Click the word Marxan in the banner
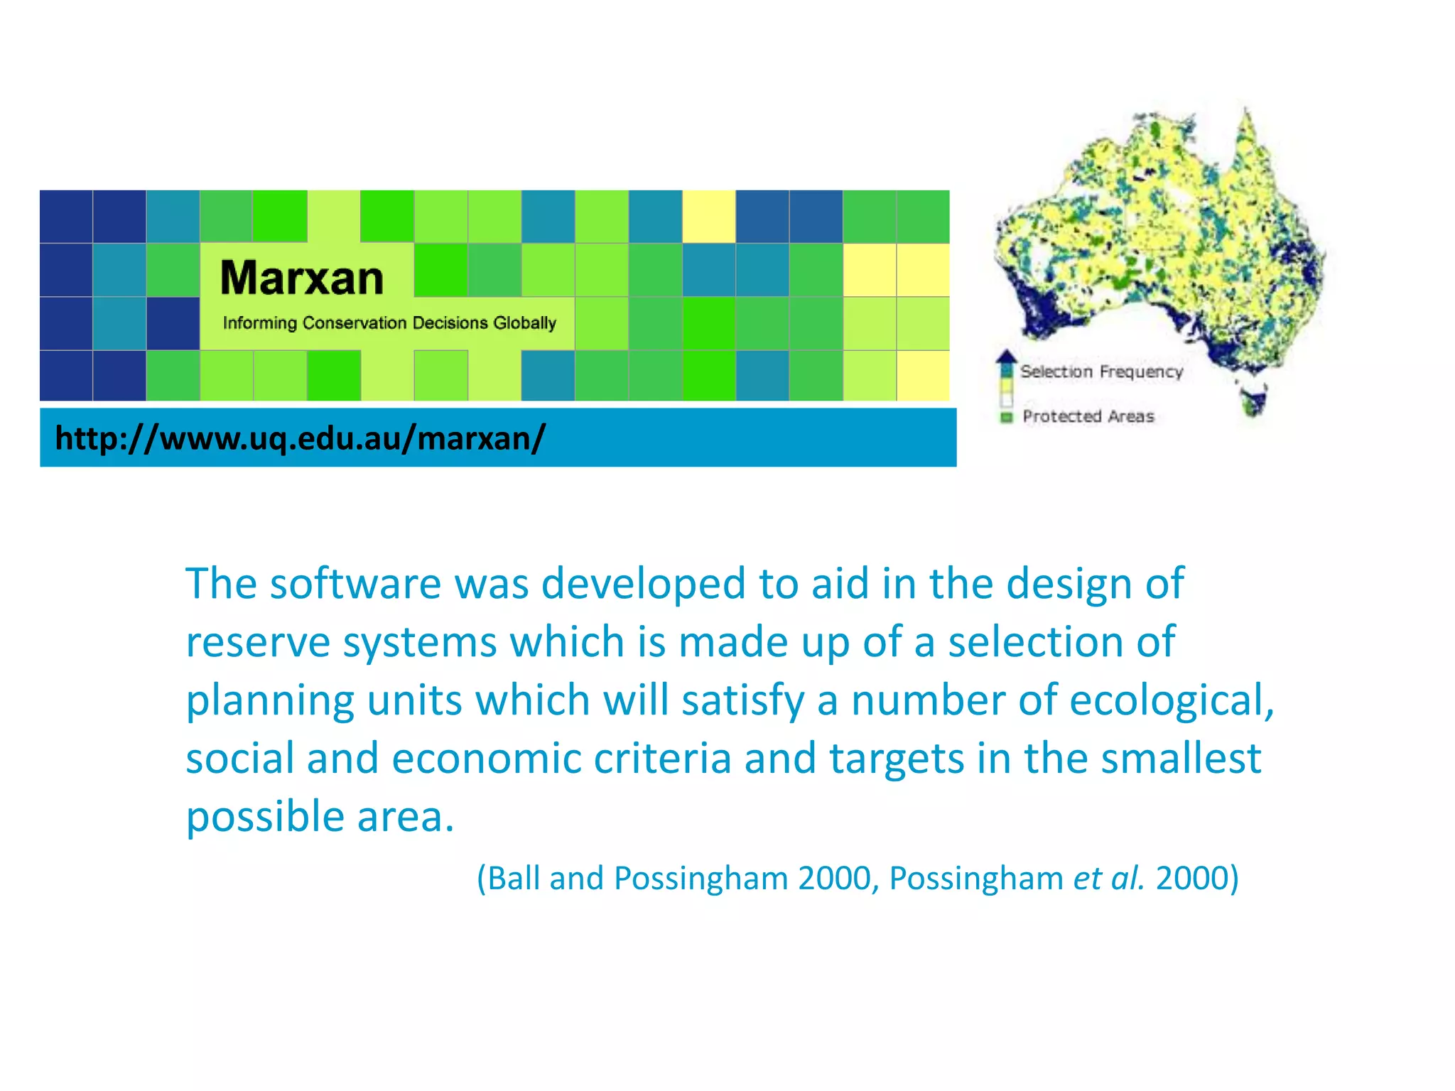pos(301,278)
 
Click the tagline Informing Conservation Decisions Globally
pos(389,323)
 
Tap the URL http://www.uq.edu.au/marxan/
pos(300,438)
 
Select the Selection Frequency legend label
pos(1101,371)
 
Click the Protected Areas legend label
pos(1088,416)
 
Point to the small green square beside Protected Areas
pos(1006,417)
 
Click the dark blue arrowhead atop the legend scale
pos(1006,356)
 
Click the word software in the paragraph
pos(355,584)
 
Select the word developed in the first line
pos(643,584)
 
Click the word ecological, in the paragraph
pos(1172,700)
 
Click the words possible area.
pos(320,817)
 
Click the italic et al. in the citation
pos(1108,878)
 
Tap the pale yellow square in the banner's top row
pos(708,217)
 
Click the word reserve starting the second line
pos(257,642)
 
